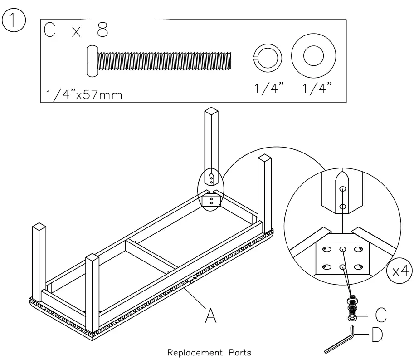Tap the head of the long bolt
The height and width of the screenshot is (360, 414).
point(92,61)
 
